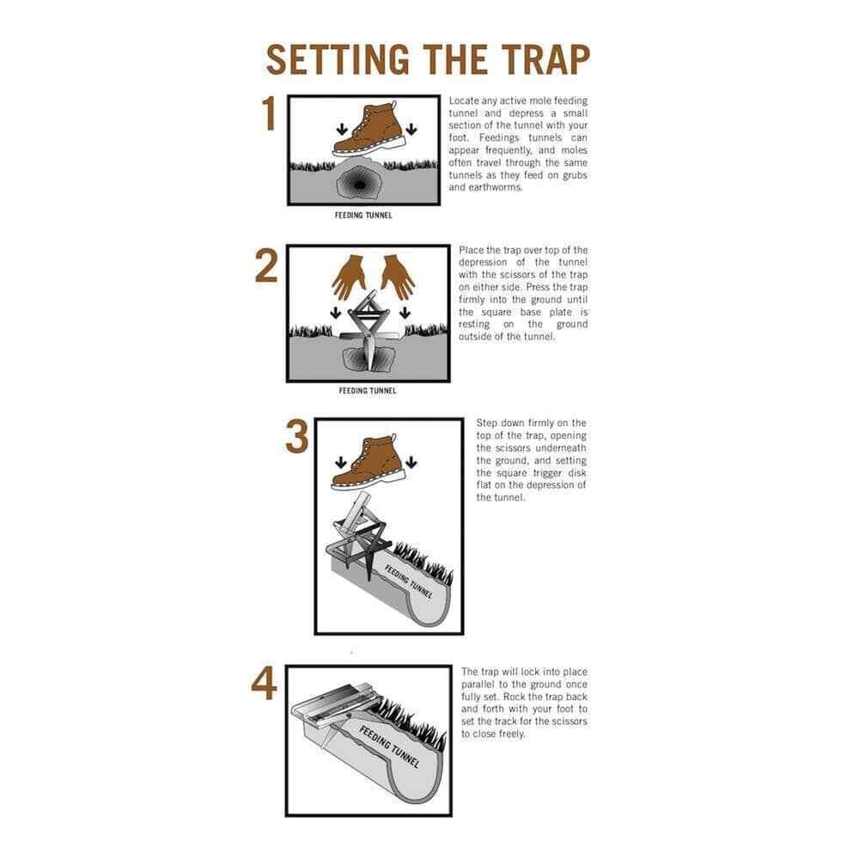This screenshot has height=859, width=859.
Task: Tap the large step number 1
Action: tap(269, 114)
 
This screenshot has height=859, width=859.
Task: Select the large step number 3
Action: tap(296, 437)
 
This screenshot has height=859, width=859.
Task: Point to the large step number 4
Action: tap(265, 685)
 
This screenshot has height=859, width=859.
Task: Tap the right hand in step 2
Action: tap(397, 275)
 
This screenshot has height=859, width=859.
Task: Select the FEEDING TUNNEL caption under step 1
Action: tap(363, 216)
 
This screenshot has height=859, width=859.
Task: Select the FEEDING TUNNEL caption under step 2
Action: tap(368, 391)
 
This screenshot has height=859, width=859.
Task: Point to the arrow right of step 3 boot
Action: tap(411, 463)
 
